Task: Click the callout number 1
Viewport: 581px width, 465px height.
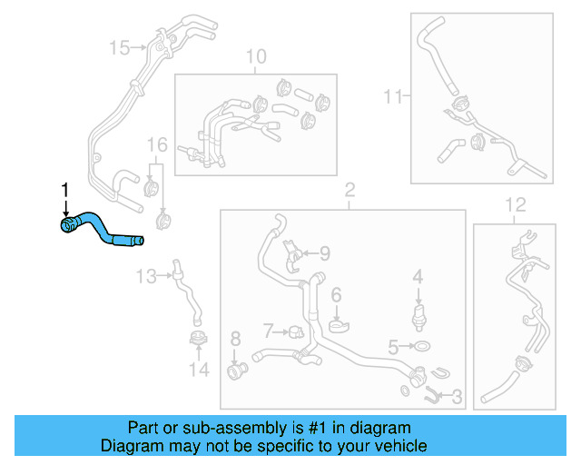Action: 64,189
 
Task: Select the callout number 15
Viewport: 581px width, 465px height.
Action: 120,46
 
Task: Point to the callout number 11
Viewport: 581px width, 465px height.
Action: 392,95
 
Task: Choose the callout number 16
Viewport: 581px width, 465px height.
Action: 158,145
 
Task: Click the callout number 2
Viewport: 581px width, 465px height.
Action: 349,190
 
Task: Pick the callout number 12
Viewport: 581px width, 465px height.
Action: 515,203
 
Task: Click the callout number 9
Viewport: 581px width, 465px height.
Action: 324,253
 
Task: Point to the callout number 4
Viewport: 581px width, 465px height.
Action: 418,275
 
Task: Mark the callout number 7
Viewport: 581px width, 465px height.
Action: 269,328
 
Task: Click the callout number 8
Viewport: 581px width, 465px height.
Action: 235,340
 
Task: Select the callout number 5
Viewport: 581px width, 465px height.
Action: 393,346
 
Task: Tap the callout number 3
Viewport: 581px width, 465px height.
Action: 457,396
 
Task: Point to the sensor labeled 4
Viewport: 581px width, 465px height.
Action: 418,314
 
